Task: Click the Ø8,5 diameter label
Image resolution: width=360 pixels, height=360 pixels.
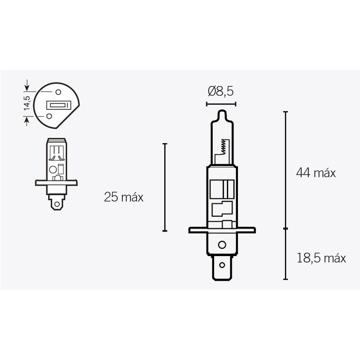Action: point(220,92)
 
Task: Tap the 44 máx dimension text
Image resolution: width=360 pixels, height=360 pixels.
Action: point(316,173)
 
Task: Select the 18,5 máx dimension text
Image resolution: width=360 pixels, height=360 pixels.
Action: point(321,258)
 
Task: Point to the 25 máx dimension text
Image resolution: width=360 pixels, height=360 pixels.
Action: point(123,197)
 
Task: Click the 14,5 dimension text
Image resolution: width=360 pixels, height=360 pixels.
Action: point(27,103)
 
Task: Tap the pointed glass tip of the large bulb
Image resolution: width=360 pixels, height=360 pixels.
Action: point(220,112)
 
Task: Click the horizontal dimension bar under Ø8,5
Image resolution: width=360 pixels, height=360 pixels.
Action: point(220,104)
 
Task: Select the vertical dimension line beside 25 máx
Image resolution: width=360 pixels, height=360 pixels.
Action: point(165,187)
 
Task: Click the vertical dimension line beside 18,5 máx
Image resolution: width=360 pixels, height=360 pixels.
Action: point(285,254)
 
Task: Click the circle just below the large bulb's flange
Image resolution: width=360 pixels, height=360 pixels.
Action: point(221,245)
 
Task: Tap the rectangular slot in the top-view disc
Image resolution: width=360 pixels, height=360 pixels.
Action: point(58,106)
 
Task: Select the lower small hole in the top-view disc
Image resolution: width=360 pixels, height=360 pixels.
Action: point(48,117)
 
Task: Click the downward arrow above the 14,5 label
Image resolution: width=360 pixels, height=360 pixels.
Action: point(27,85)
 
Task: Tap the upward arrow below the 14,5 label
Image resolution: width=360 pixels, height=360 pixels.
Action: point(27,120)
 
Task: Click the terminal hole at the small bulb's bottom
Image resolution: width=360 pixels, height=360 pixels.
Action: point(56,205)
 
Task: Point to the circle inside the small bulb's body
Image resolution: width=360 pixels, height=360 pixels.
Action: point(52,170)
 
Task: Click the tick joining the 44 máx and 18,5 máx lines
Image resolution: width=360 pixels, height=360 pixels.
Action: point(285,229)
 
